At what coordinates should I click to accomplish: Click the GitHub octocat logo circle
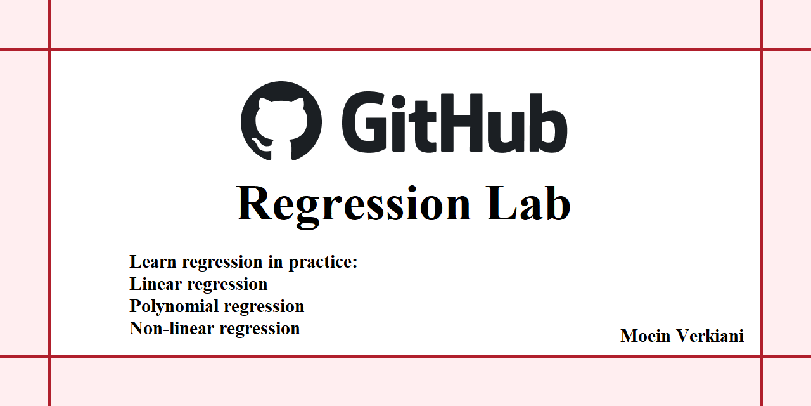[x=281, y=121]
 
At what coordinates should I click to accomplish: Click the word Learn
[x=151, y=262]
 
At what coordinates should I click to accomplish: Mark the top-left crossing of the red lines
[x=49, y=49]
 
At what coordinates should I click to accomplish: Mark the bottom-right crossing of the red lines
[x=761, y=357]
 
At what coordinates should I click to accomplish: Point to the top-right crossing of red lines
[x=761, y=49]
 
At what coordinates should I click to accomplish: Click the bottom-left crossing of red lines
[x=49, y=357]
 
